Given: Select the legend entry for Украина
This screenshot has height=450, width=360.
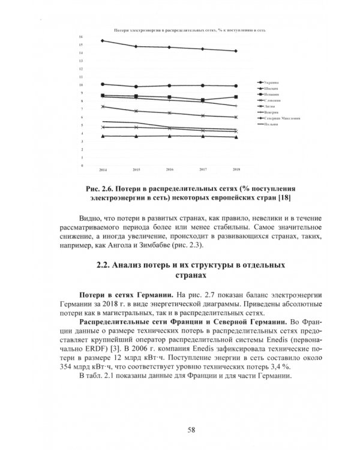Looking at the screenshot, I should (x=270, y=82).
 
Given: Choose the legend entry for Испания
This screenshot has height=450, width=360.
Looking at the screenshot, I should (x=270, y=94).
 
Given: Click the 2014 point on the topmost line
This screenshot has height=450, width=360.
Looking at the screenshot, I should (x=103, y=41).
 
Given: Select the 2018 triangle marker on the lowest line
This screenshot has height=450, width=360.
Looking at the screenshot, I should (x=236, y=137).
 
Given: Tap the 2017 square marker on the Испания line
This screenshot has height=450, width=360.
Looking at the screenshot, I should (x=203, y=100).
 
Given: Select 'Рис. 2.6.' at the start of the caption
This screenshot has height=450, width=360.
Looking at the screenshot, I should (x=101, y=187).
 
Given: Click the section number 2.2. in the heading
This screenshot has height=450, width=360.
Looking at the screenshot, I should (x=106, y=265).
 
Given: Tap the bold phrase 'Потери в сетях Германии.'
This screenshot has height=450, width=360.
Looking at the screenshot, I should (x=126, y=296).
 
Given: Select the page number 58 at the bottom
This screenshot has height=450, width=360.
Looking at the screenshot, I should (x=191, y=428).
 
